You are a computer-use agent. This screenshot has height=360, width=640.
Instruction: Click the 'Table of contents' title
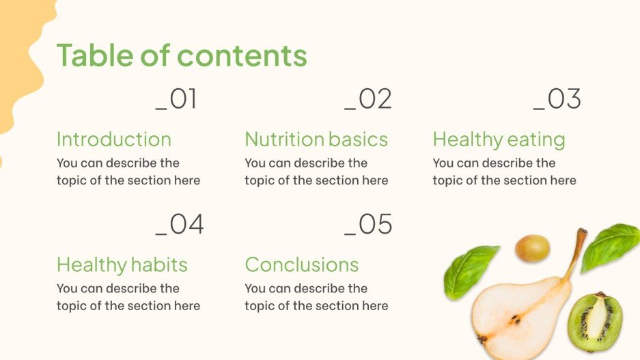pyautogui.click(x=181, y=55)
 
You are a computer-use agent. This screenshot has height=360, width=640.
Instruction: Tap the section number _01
pyautogui.click(x=176, y=100)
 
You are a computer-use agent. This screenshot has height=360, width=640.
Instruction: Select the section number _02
pyautogui.click(x=368, y=100)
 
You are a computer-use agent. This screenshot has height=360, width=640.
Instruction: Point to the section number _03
pyautogui.click(x=557, y=100)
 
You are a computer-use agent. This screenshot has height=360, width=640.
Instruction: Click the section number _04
pyautogui.click(x=180, y=224)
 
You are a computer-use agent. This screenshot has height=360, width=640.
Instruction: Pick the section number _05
pyautogui.click(x=368, y=224)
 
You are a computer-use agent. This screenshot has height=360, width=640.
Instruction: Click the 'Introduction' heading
pyautogui.click(x=113, y=139)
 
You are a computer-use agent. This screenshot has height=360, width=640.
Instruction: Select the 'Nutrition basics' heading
pyautogui.click(x=316, y=139)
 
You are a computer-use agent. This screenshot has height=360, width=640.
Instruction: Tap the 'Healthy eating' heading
pyautogui.click(x=499, y=140)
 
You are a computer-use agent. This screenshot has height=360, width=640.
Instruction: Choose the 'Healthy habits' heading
pyautogui.click(x=122, y=264)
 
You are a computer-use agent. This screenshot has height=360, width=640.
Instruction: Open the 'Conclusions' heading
pyautogui.click(x=301, y=264)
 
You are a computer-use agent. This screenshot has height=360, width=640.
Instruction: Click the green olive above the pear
pyautogui.click(x=532, y=248)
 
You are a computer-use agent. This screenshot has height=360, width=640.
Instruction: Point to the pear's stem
pyautogui.click(x=575, y=251)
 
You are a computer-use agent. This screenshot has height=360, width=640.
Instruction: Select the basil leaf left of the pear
pyautogui.click(x=470, y=271)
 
